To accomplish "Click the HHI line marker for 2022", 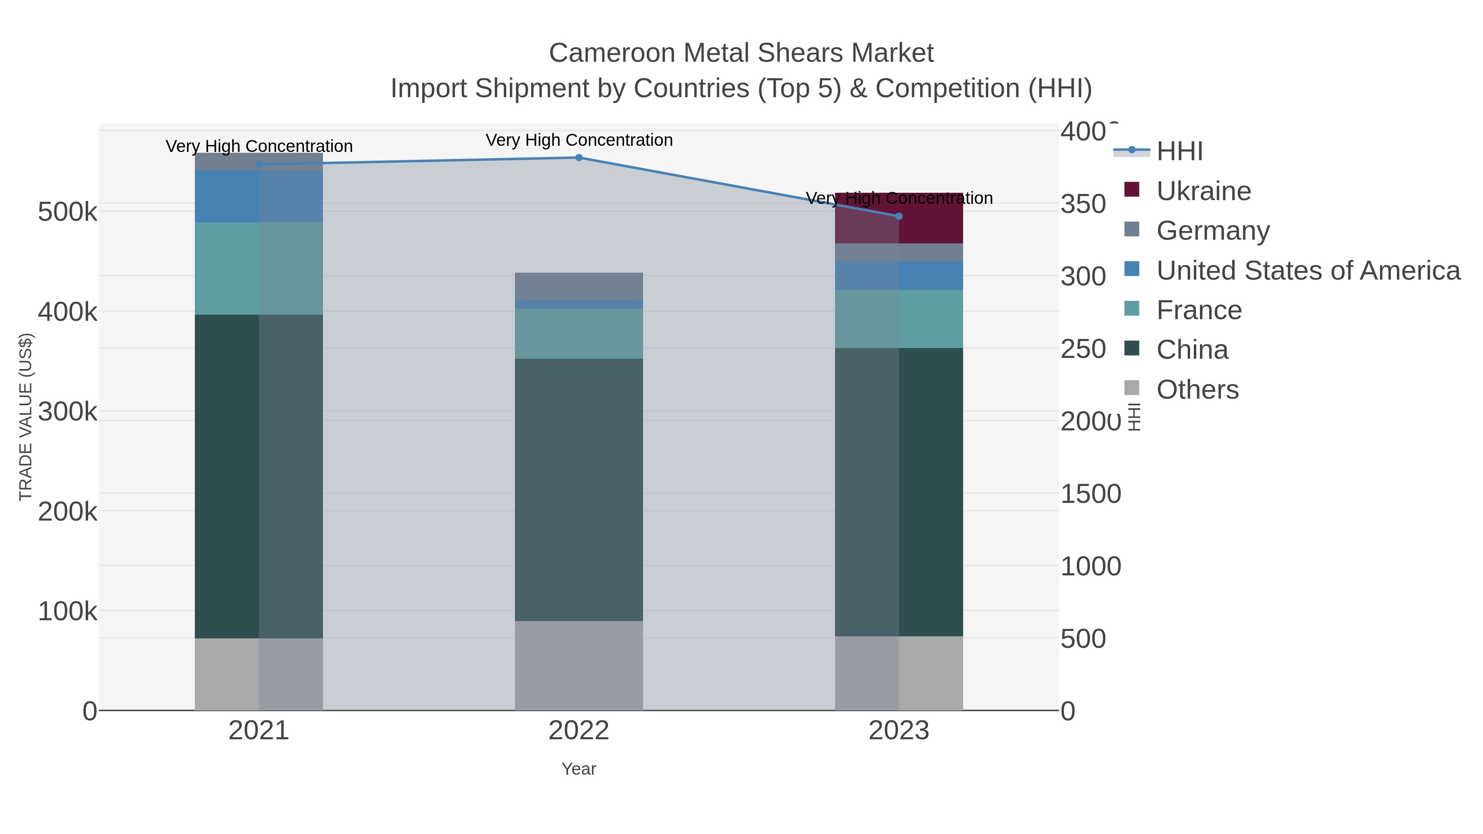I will pos(579,158).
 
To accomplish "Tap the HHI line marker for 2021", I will pos(258,165).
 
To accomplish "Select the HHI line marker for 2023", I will pos(899,216).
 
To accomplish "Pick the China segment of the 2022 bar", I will pos(579,489).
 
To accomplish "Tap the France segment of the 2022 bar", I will pos(579,334).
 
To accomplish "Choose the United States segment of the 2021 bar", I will pos(258,196).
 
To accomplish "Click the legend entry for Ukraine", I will pos(1203,191).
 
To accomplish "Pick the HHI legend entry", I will pos(1179,152).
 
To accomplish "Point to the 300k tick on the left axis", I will pos(68,412).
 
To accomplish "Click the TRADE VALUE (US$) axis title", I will pos(26,417).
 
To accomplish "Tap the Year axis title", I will pos(579,769).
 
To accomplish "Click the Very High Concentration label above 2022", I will pos(579,140).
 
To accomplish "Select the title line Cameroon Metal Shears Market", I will pos(741,53).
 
